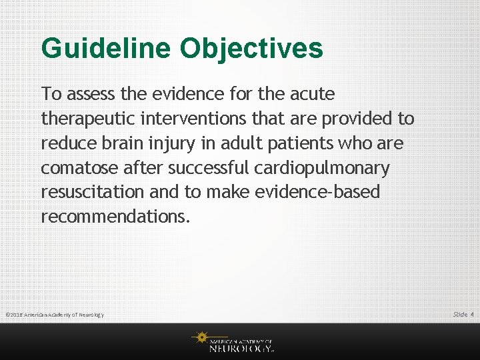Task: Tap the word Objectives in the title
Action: [x=251, y=49]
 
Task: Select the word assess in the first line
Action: [x=88, y=94]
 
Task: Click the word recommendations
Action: [x=115, y=217]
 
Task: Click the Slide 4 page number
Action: [x=463, y=314]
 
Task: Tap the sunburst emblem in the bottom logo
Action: [x=200, y=339]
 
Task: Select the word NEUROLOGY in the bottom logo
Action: [x=241, y=347]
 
